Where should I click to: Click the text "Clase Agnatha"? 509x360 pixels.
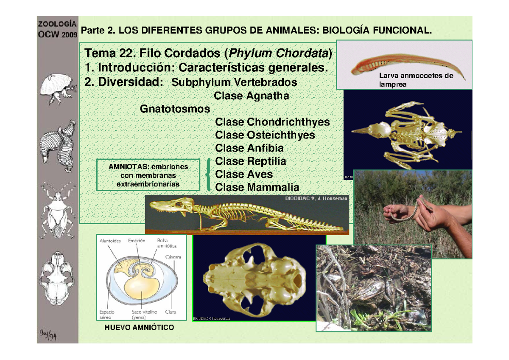click(252, 96)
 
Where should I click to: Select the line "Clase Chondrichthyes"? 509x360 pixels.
click(272, 122)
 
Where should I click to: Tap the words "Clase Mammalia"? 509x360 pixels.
click(257, 187)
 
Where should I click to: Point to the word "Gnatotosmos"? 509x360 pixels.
click(175, 109)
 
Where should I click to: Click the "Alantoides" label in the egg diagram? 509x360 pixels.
click(110, 241)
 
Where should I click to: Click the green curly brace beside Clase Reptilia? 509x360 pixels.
click(208, 174)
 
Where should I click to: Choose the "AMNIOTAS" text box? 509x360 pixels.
click(148, 174)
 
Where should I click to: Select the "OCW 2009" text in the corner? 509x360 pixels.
click(57, 34)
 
